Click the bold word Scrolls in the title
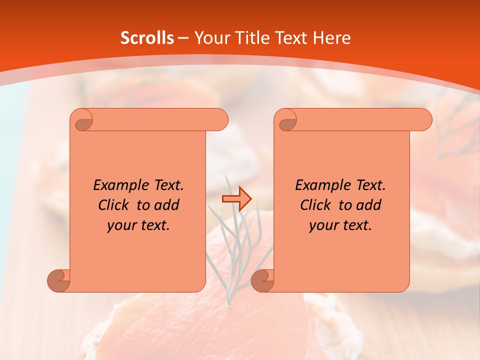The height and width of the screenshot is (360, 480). point(147,37)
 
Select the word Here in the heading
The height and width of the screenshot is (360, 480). point(331,37)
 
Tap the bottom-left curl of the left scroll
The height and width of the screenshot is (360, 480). point(59,280)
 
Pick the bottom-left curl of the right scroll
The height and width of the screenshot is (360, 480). point(263,280)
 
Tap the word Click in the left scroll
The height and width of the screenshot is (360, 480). point(114,205)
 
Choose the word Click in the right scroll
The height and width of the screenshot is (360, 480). point(316,205)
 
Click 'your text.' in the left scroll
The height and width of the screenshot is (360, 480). point(138,225)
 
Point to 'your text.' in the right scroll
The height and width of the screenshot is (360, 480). point(340,225)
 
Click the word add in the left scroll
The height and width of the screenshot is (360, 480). point(167,205)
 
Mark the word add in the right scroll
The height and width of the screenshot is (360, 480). point(369,205)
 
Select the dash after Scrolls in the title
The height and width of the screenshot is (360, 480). point(183,37)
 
